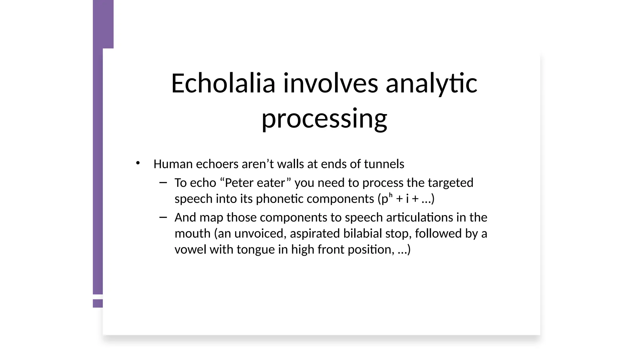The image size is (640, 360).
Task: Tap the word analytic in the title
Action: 432,83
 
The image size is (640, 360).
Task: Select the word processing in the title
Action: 324,119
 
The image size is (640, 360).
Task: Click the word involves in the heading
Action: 331,83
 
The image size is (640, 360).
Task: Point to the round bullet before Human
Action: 138,163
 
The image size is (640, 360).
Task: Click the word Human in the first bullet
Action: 173,164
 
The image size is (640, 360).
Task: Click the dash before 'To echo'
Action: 163,182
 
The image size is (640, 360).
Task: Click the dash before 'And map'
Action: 163,217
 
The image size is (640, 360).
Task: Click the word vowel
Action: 190,250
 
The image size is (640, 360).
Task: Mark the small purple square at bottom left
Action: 98,303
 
